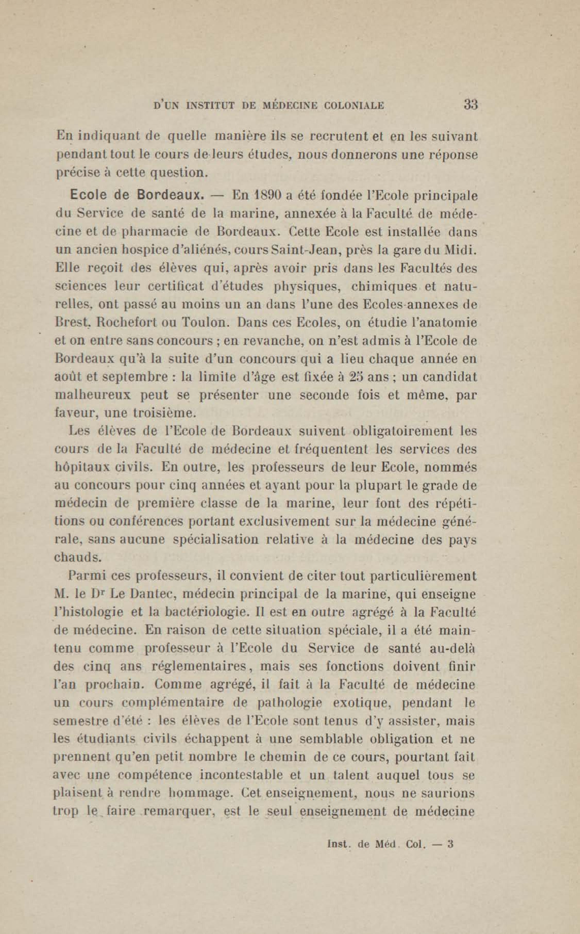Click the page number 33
(x=470, y=105)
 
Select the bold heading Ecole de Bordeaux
(x=137, y=195)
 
